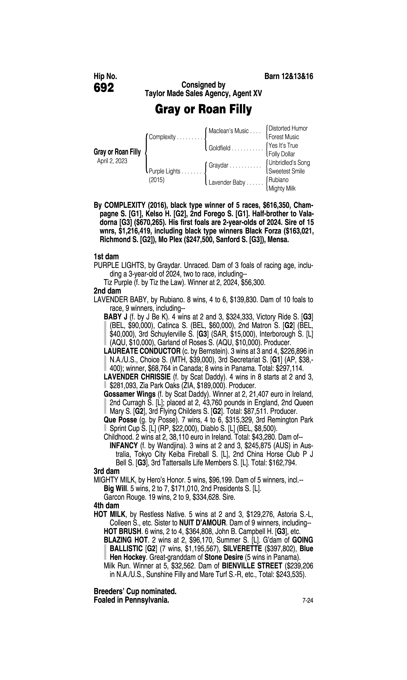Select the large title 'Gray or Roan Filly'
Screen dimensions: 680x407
click(203, 110)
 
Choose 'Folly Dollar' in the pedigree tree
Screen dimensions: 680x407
click(282, 154)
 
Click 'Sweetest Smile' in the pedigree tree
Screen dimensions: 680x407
click(287, 171)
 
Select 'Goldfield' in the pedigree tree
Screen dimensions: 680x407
click(219, 148)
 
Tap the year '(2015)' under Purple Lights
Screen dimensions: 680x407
click(156, 180)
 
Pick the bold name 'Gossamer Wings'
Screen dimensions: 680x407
click(129, 394)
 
